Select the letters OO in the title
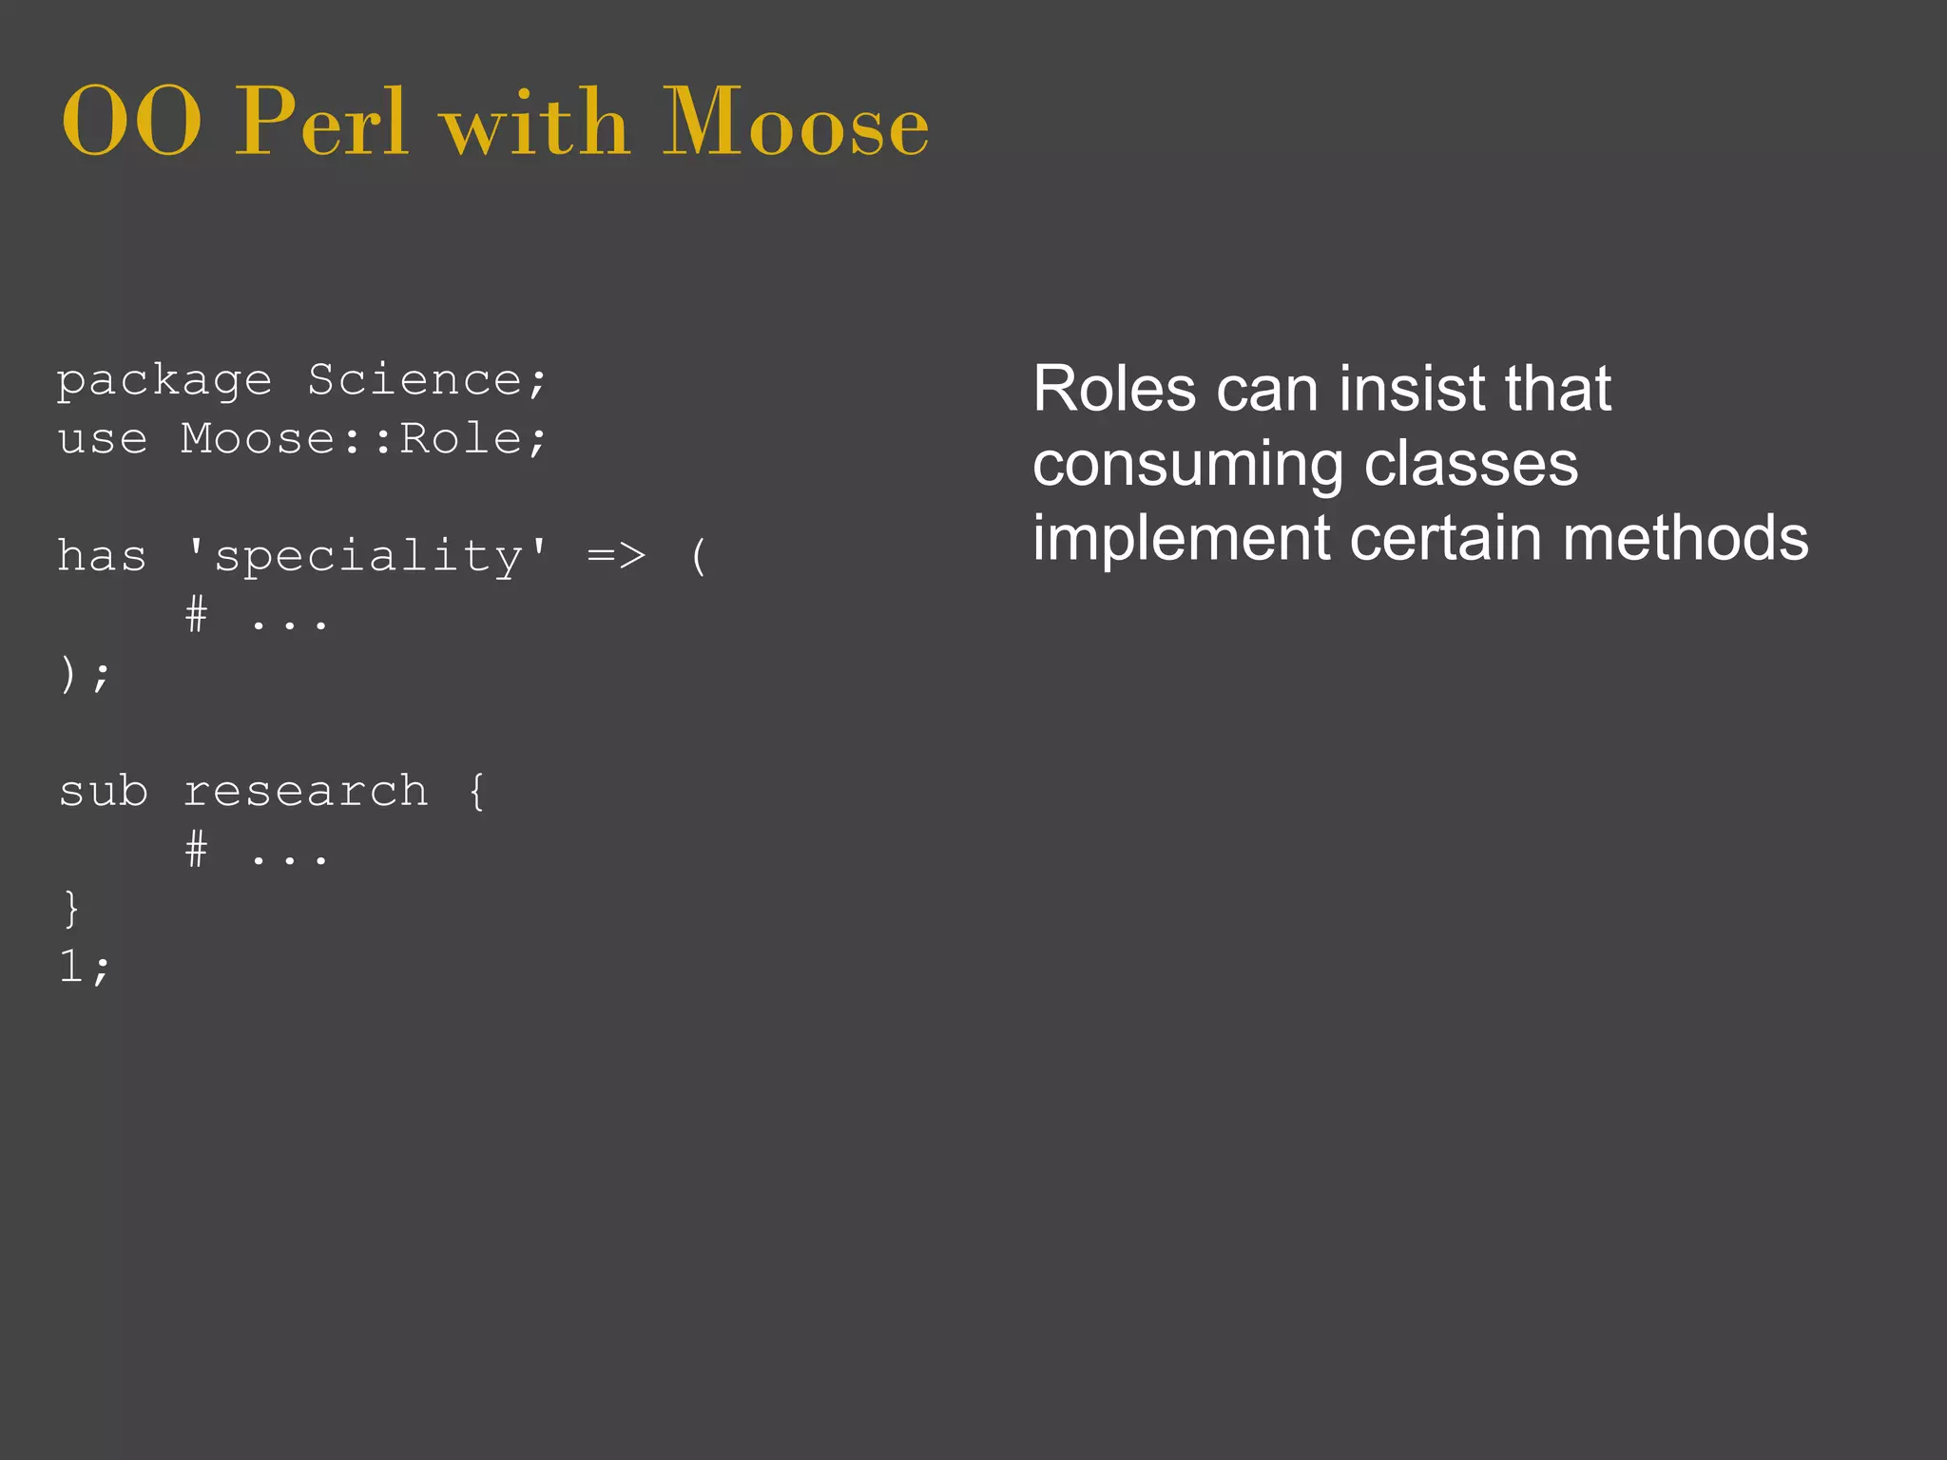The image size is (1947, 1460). [x=131, y=123]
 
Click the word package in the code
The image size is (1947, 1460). [x=164, y=382]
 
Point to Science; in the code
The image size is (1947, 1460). [x=428, y=380]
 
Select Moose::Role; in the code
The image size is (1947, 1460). [x=364, y=439]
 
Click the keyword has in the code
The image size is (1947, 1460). [x=102, y=555]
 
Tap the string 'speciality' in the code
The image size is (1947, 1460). [x=368, y=557]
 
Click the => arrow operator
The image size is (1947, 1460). [x=616, y=555]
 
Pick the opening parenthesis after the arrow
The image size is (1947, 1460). [x=699, y=556]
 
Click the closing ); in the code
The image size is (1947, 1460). [x=85, y=675]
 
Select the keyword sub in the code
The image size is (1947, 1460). [x=103, y=791]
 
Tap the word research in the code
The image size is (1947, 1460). [x=305, y=792]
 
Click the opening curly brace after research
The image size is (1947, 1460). [x=476, y=791]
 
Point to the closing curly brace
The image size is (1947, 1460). [x=70, y=909]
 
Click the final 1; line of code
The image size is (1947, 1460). [x=85, y=968]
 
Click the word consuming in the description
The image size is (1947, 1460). [x=1187, y=466]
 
